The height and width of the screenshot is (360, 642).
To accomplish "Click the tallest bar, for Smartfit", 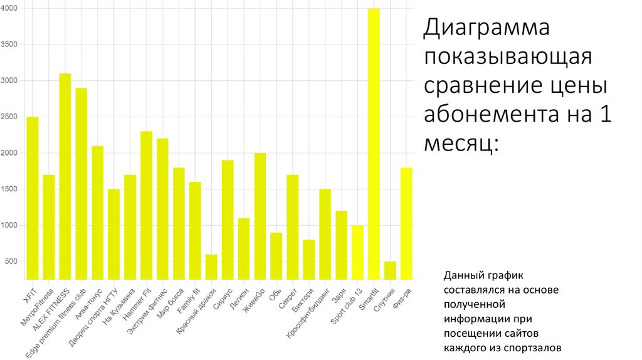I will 374,144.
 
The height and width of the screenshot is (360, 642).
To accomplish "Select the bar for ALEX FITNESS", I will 65,176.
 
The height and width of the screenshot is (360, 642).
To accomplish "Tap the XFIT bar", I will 32,198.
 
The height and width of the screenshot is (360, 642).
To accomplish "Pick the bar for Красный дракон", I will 211,267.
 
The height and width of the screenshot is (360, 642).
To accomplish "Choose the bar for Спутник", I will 390,270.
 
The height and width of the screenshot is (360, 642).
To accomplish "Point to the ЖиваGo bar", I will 260,216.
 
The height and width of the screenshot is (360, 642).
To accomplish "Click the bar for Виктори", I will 308,259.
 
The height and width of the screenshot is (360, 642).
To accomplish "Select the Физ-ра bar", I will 406,223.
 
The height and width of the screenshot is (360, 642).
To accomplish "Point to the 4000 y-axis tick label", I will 10,9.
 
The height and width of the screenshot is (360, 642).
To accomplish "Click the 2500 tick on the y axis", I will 10,117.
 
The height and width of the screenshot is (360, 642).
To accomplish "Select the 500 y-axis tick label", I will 13,262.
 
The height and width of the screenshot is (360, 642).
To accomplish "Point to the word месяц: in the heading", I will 461,145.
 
